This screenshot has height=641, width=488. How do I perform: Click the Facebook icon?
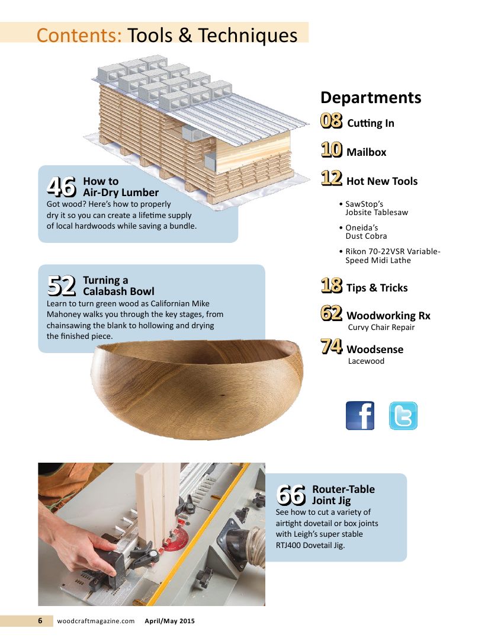coord(359,415)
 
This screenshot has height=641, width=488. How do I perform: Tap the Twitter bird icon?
coord(403,415)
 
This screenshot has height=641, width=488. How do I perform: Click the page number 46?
coord(62,187)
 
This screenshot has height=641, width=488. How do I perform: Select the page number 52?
coord(62,286)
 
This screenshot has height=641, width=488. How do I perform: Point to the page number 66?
coord(291,495)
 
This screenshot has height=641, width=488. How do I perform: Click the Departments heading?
coord(371,97)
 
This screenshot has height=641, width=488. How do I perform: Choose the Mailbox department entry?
coord(366,152)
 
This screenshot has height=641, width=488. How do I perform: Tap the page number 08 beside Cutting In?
coord(332,121)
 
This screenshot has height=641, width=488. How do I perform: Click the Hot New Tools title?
coord(382,181)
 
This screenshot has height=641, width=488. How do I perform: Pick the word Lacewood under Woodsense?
coord(366,361)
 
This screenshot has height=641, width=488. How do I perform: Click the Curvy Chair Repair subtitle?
coord(381,328)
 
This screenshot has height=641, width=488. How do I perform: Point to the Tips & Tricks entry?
coord(377,288)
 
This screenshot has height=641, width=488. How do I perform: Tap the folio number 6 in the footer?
coord(40,621)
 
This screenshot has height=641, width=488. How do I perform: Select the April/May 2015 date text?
coord(170,621)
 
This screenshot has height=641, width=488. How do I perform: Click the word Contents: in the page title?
coord(79,35)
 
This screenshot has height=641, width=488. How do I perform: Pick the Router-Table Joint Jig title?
coord(343,495)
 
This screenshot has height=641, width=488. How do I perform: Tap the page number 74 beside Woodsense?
coord(332,346)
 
